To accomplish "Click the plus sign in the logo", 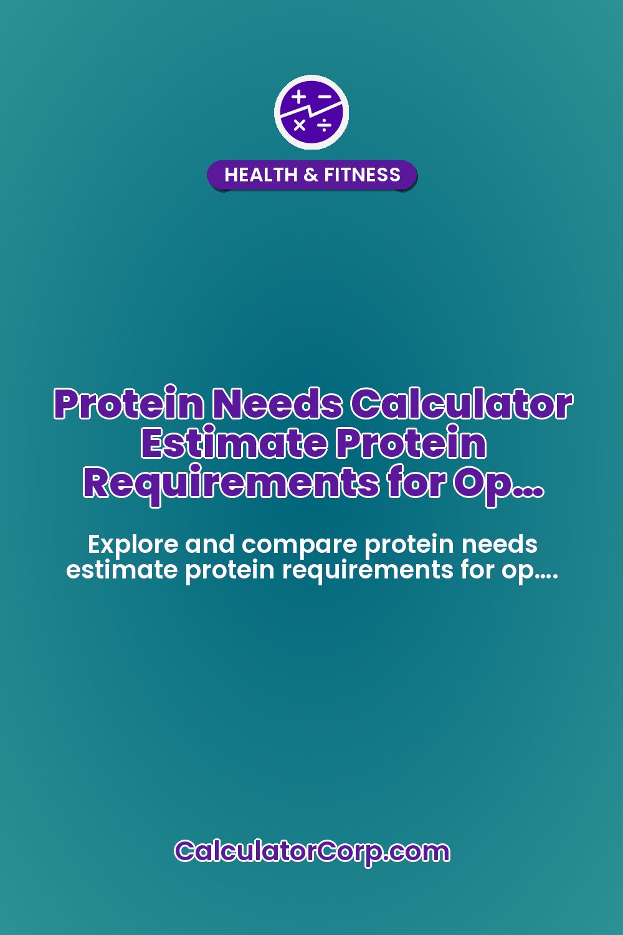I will tap(299, 97).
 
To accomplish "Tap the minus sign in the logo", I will tap(325, 97).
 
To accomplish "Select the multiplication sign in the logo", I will tap(300, 125).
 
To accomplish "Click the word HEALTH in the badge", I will tap(261, 175).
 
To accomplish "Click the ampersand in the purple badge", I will tap(310, 175).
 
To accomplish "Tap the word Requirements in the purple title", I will tap(231, 483).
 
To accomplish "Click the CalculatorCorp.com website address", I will tap(311, 851).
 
